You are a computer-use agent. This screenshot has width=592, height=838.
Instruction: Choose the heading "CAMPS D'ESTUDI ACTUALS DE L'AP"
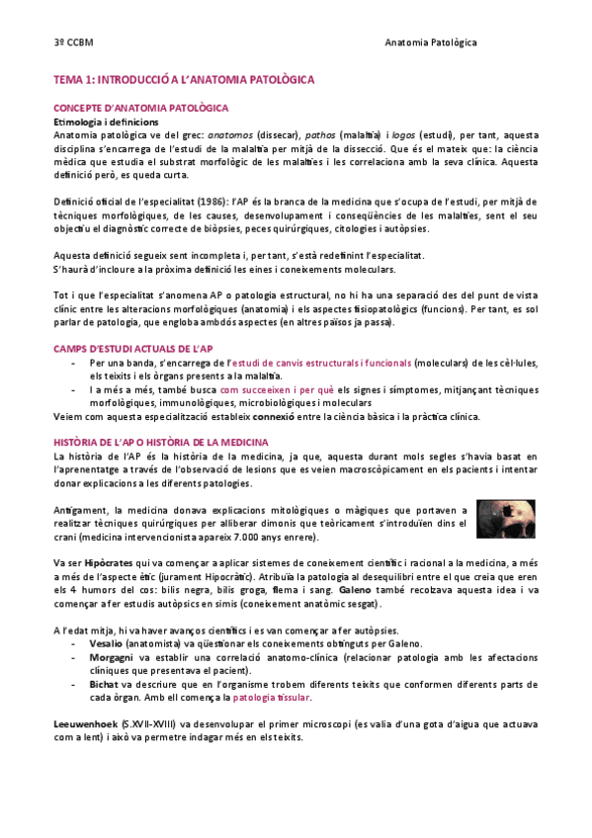[133, 349]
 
